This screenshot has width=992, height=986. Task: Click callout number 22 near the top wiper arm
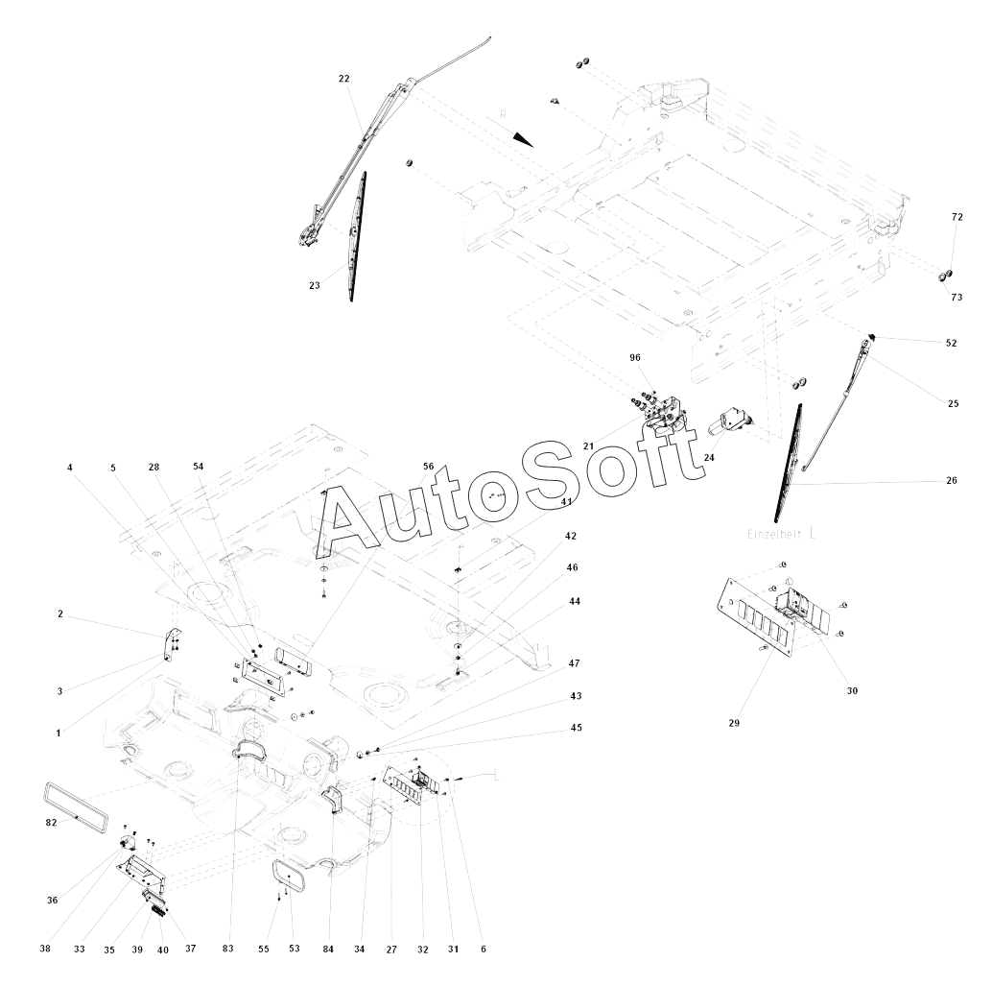click(x=344, y=79)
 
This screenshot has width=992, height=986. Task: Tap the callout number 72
click(x=957, y=218)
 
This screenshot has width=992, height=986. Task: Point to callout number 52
click(x=951, y=343)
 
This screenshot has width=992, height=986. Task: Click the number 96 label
click(x=635, y=357)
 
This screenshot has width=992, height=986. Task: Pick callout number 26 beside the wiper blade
click(x=952, y=481)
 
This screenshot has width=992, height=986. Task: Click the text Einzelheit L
click(x=782, y=533)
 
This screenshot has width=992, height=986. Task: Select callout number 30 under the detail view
click(x=853, y=690)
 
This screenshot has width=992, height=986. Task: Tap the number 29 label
click(x=733, y=722)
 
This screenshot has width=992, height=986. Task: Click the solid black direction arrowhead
click(x=521, y=138)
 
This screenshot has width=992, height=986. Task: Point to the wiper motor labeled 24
click(x=732, y=420)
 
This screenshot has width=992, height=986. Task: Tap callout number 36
click(x=52, y=900)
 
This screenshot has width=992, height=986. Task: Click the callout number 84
click(x=328, y=950)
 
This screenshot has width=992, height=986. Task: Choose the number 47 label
click(x=574, y=663)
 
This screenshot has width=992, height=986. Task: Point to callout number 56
click(x=429, y=466)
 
